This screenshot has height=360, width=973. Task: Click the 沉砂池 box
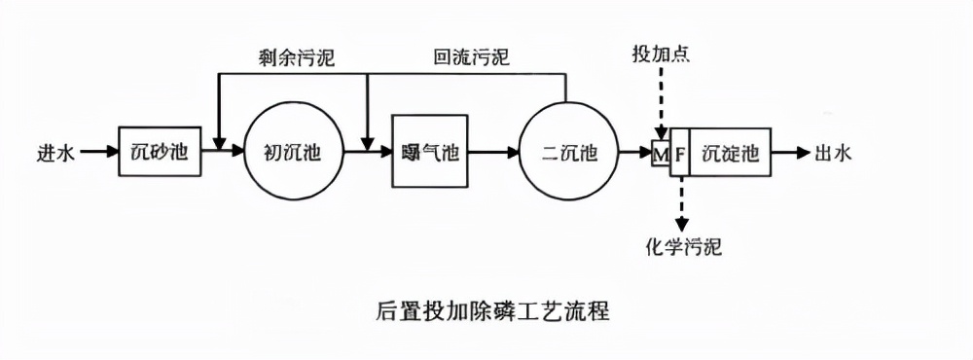160,151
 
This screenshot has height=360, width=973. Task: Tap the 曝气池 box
429,151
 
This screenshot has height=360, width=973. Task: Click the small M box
661,152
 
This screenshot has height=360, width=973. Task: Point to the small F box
679,152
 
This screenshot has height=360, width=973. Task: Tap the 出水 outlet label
833,152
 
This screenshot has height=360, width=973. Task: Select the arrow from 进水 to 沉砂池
98,152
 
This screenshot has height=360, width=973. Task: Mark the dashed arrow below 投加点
661,102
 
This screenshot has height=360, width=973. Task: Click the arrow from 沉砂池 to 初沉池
222,152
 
